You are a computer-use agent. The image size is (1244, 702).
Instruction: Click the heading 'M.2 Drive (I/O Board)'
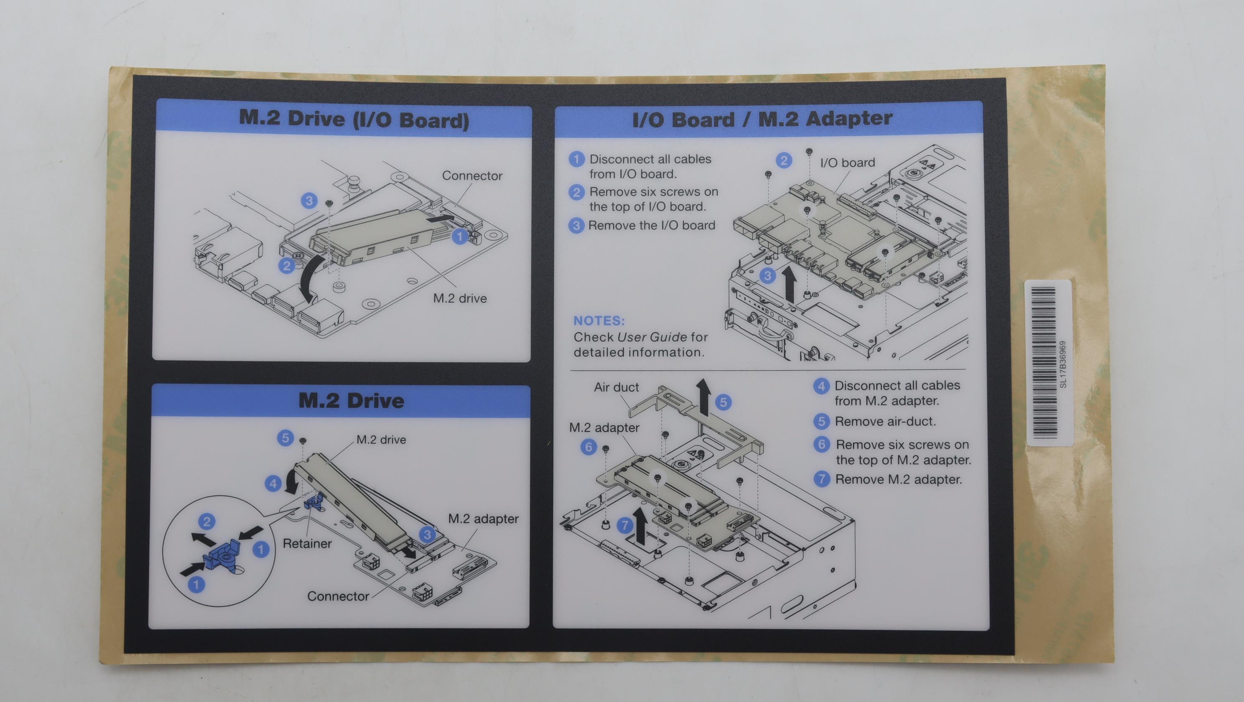354,119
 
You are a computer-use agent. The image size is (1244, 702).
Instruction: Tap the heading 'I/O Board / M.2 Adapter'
762,119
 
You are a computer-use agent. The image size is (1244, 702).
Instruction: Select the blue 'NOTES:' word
599,320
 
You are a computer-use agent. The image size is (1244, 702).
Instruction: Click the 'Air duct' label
616,387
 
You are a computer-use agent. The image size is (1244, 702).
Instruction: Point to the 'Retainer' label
307,544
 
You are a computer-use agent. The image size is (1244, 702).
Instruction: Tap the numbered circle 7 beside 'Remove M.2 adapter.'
821,479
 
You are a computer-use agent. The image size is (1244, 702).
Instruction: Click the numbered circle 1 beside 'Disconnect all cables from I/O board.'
576,159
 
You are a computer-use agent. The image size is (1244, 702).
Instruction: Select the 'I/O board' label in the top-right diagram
848,163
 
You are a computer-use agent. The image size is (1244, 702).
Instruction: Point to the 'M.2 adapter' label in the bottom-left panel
483,519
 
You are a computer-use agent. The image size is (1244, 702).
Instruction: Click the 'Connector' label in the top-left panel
472,176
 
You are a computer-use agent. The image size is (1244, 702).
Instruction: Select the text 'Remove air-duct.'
885,422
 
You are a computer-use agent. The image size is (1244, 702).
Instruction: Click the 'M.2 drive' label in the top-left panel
460,298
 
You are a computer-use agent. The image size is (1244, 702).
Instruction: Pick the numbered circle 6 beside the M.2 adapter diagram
588,447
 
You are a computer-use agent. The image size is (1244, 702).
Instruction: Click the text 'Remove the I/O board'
651,226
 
